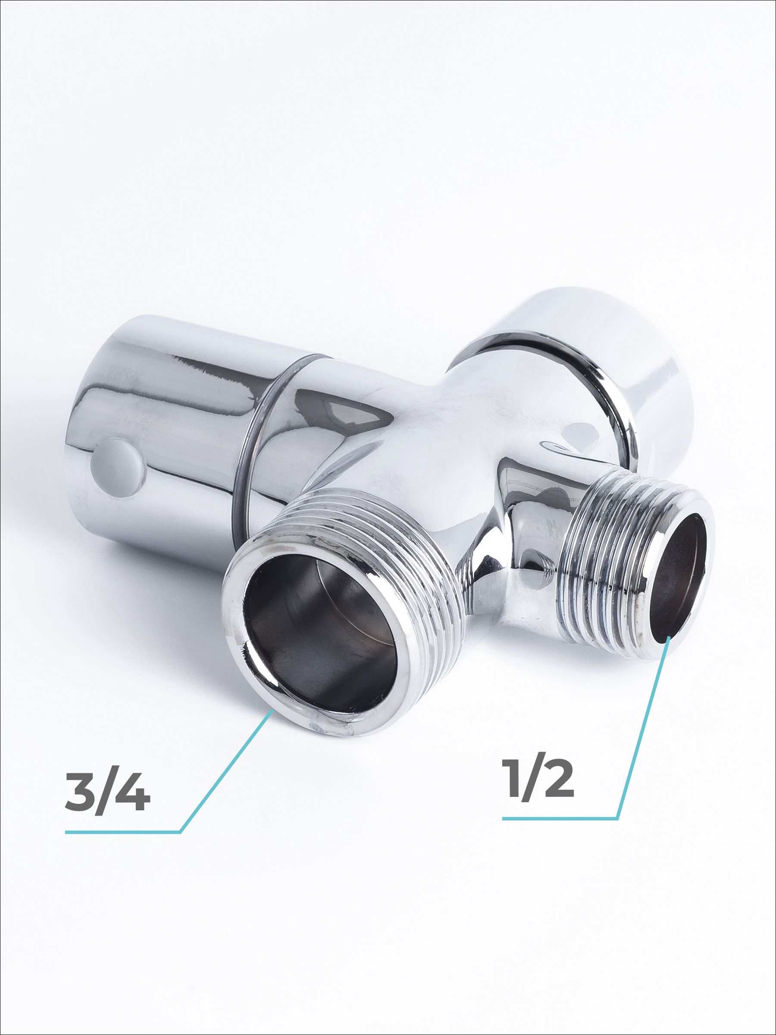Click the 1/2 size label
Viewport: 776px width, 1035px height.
(538, 775)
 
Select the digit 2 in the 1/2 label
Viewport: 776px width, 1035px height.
(557, 775)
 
